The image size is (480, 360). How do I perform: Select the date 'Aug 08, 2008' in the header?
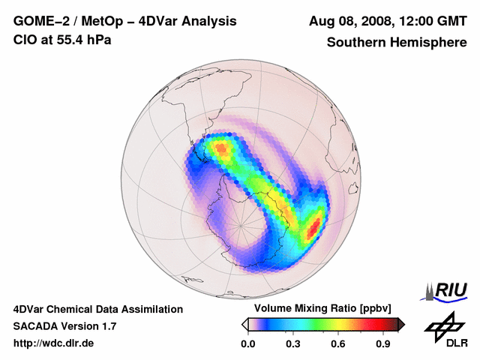click(349, 21)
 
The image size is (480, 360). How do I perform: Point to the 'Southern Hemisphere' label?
click(397, 43)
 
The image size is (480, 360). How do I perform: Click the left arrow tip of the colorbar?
click(244, 324)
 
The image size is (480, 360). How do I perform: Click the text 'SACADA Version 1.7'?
click(64, 326)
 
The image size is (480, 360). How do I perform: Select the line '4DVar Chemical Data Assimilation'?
click(97, 309)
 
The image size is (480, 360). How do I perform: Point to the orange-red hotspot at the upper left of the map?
click(221, 148)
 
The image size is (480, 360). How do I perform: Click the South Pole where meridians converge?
click(241, 225)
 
